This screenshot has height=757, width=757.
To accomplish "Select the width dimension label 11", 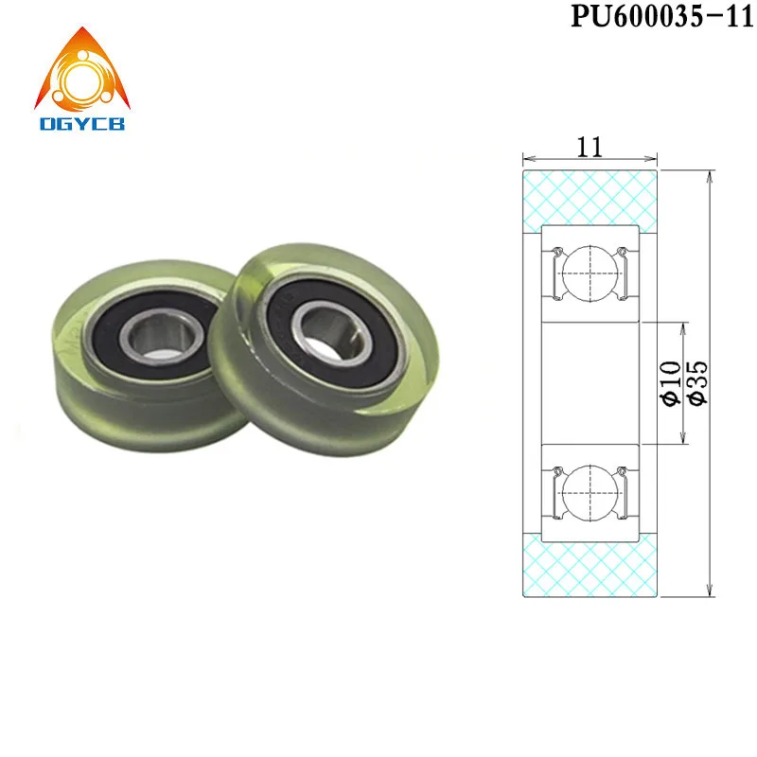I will click(x=590, y=146).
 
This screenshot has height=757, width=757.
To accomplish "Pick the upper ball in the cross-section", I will click(x=590, y=272).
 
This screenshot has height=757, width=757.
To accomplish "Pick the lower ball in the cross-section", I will click(x=590, y=495).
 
